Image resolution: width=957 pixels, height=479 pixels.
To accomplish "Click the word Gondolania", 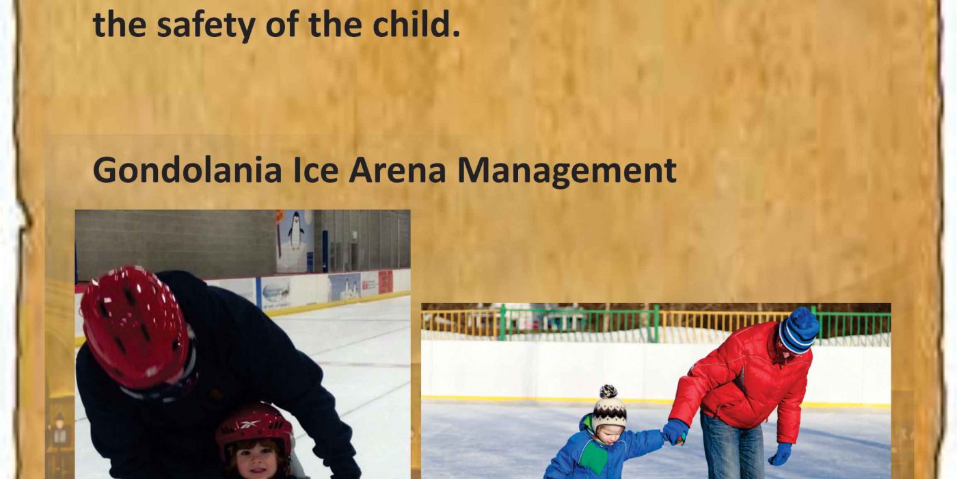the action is point(187,170).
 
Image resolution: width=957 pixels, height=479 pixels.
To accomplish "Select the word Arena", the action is point(398,170).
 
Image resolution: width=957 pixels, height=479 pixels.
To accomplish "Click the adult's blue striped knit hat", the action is point(798,331).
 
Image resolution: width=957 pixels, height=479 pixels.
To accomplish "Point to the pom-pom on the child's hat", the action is point(608,391).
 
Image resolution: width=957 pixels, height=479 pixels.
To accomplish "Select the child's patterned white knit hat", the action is point(609,409).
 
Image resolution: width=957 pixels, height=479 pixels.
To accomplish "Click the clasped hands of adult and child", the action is point(675,432).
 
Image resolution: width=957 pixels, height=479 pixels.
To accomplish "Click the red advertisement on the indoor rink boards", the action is point(386,282).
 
